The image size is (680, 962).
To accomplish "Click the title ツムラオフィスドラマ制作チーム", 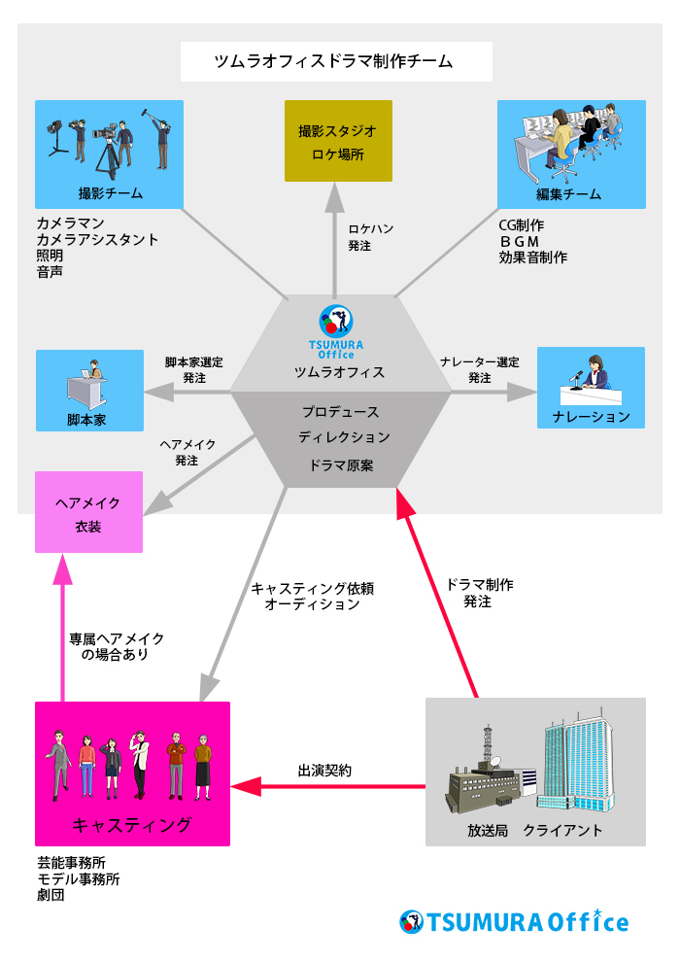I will (x=336, y=62).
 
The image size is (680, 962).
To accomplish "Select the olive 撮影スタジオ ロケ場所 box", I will (x=338, y=141).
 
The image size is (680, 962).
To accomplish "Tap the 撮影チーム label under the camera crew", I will (x=110, y=193).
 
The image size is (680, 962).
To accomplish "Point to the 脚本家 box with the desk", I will (x=89, y=390).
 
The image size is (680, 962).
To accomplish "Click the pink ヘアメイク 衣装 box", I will (x=88, y=512).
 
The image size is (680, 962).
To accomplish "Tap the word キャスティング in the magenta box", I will (x=132, y=825).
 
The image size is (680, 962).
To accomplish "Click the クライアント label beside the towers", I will (x=562, y=831).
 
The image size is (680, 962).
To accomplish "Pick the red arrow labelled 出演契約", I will (x=330, y=785).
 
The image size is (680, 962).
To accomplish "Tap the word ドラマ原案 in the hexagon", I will (x=341, y=465).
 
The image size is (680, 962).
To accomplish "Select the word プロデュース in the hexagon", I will (x=340, y=412).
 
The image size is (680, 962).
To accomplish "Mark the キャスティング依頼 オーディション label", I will (x=312, y=597).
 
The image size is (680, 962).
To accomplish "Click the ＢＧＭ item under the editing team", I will (x=520, y=241).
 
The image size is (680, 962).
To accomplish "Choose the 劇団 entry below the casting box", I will (x=51, y=895).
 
